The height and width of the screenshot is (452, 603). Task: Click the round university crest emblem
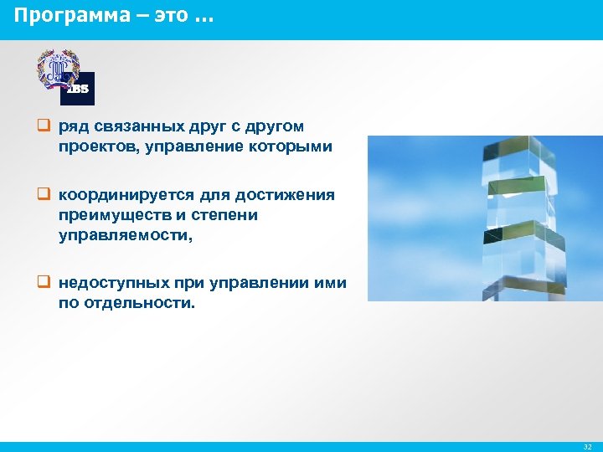pyautogui.click(x=58, y=70)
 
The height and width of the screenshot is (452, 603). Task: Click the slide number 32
pyautogui.click(x=587, y=447)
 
